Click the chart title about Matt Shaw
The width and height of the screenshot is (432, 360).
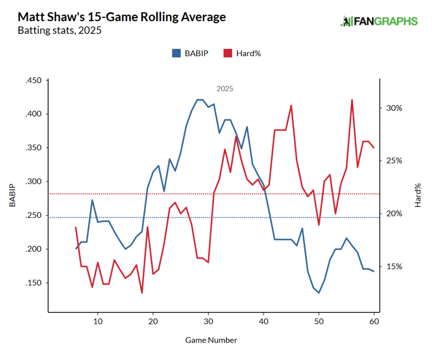click(122, 17)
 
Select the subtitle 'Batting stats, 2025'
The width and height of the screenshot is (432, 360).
click(60, 31)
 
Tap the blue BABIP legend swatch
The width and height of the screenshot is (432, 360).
click(176, 53)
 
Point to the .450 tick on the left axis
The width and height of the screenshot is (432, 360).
click(34, 80)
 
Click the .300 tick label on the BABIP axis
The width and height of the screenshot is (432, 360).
click(34, 181)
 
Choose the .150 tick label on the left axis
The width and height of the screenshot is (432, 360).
click(34, 283)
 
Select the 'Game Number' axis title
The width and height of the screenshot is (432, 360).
click(211, 340)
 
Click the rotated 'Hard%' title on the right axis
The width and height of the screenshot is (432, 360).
click(418, 195)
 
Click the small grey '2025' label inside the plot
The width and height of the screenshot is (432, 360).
click(225, 89)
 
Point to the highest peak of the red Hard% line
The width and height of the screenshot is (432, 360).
click(352, 100)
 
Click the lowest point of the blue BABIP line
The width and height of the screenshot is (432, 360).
click(319, 293)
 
